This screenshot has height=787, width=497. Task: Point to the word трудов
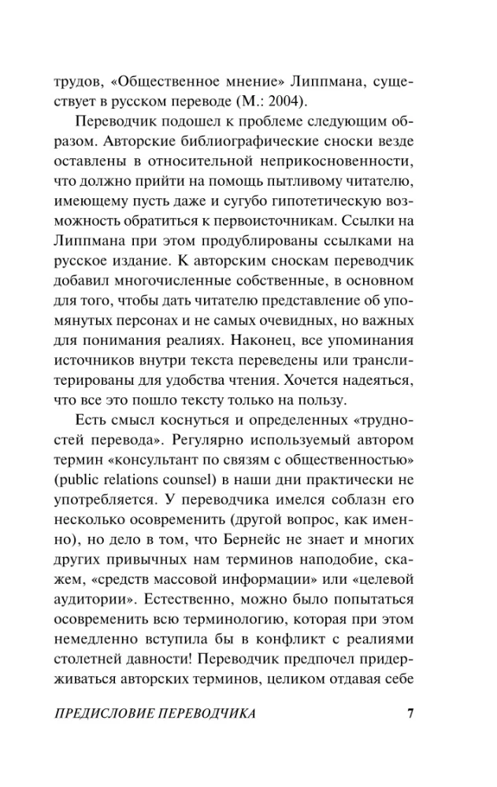(x=74, y=80)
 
